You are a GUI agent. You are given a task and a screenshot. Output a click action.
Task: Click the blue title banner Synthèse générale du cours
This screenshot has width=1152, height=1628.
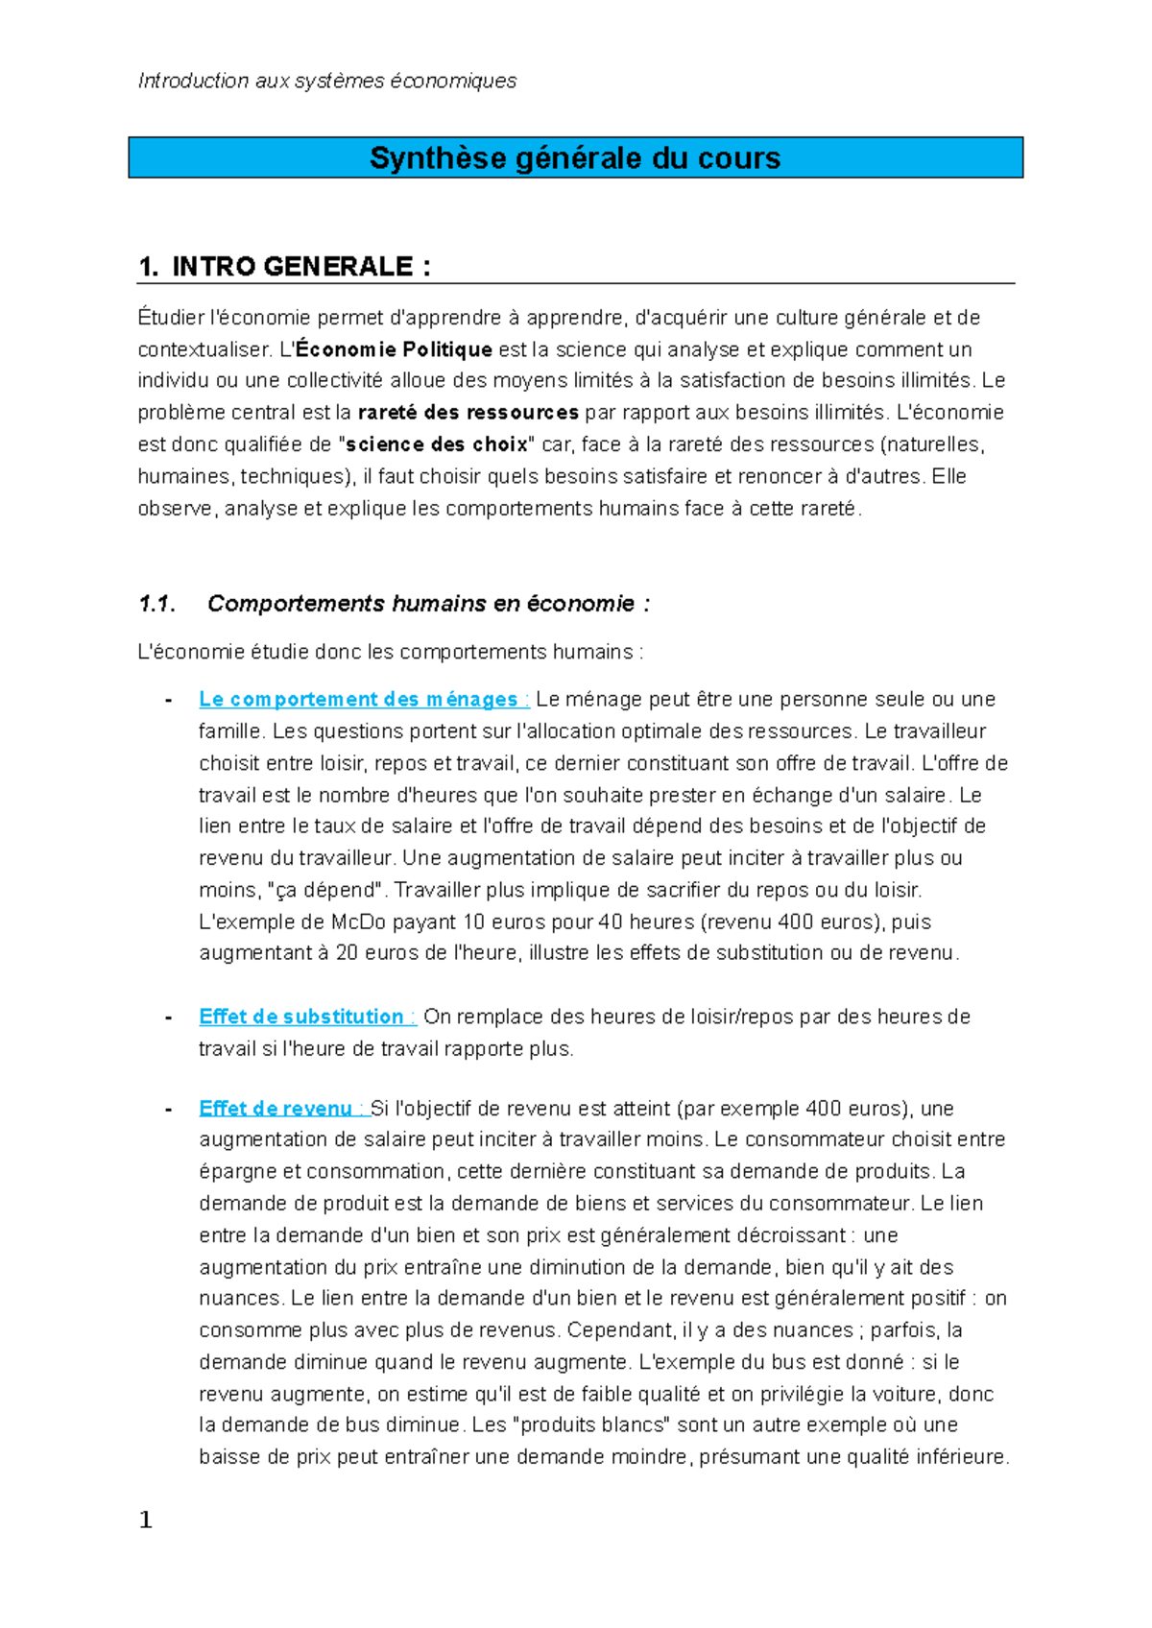click(x=575, y=157)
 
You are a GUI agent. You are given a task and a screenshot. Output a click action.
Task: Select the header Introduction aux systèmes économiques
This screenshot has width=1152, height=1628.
click(x=327, y=81)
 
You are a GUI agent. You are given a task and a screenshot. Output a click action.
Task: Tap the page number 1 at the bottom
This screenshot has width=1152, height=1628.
click(x=146, y=1520)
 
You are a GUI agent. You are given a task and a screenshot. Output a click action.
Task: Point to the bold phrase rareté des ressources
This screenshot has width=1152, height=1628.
click(x=468, y=413)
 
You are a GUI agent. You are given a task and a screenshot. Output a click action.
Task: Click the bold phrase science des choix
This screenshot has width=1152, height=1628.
click(x=437, y=444)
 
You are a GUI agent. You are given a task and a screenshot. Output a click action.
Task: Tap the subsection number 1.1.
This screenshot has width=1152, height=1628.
click(x=156, y=604)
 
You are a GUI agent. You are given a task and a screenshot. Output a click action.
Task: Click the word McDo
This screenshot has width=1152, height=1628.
click(x=358, y=922)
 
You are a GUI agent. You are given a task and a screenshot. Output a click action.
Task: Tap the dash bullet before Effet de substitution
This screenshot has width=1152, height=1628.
click(x=169, y=1017)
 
